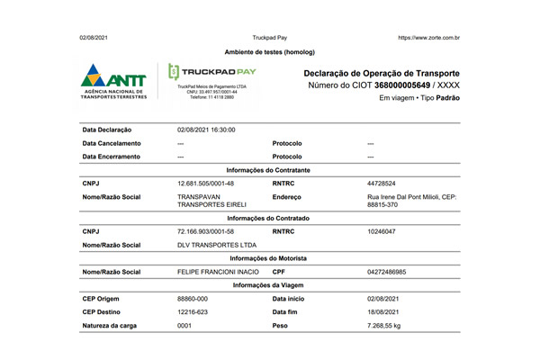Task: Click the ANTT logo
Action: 116,82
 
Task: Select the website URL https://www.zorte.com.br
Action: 428,38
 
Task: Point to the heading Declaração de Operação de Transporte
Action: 382,71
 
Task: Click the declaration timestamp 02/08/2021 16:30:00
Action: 206,130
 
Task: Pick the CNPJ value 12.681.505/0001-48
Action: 206,183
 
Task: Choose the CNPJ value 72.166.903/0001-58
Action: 206,231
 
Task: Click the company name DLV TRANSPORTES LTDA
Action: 217,245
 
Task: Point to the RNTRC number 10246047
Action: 382,231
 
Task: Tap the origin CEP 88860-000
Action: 193,297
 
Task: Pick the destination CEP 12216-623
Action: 193,310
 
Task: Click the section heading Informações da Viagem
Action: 269,284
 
